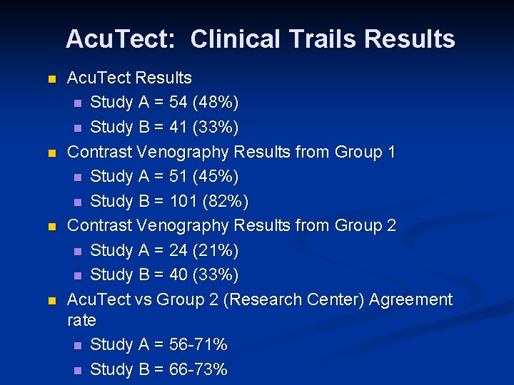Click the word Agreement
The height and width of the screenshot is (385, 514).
point(410,299)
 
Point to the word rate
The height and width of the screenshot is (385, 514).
point(81,321)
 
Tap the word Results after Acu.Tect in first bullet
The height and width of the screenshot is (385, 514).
point(163,78)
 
